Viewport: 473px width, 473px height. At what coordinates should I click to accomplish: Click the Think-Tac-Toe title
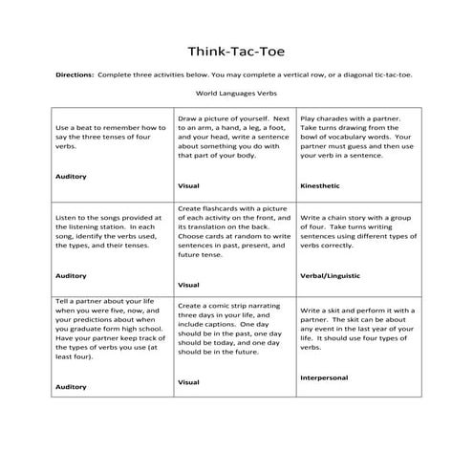click(x=236, y=50)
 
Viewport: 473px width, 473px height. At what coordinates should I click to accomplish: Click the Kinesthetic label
click(x=319, y=183)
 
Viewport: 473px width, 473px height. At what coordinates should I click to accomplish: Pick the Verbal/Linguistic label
click(x=330, y=275)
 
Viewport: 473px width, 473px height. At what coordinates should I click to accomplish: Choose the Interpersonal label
click(x=326, y=376)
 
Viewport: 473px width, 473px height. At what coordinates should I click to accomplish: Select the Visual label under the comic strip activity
click(x=188, y=381)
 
